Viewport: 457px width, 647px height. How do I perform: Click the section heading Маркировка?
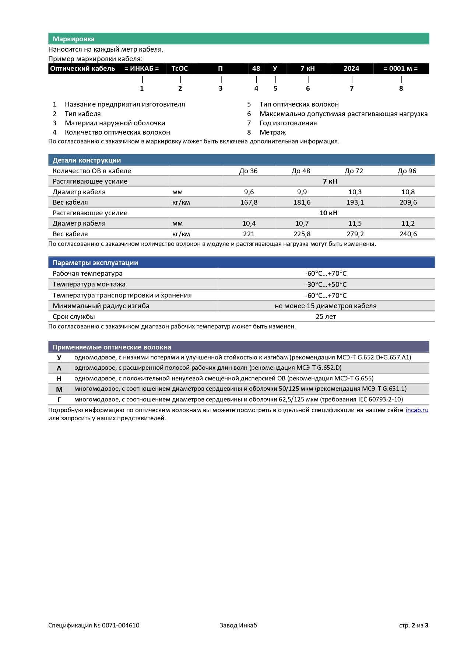coord(73,39)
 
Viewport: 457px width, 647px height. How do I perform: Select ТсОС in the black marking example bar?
coord(180,69)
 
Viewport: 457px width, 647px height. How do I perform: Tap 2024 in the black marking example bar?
coord(351,69)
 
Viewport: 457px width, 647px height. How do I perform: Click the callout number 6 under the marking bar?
coord(308,88)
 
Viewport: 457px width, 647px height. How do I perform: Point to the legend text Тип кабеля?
coord(82,114)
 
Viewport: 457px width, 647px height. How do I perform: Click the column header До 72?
coord(354,171)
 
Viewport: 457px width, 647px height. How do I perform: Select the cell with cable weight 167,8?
coord(249,202)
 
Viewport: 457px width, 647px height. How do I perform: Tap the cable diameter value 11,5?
coord(355,223)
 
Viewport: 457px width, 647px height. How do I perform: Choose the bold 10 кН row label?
coord(328,213)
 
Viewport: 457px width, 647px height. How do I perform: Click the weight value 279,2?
coord(355,234)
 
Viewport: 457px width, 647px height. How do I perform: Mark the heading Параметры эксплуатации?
coord(95,263)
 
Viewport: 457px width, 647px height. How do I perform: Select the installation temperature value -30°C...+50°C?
coord(326,285)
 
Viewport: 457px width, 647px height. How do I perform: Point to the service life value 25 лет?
coord(326,317)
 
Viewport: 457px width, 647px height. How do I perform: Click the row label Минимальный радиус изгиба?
coord(101,306)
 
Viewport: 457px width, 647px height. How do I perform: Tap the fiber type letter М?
coord(59,389)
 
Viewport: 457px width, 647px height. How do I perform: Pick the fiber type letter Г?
coord(59,400)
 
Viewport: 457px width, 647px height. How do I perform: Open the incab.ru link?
coord(417,410)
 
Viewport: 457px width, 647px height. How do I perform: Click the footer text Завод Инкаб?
coord(238,625)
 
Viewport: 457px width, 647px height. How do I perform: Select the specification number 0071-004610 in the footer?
coord(120,625)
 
